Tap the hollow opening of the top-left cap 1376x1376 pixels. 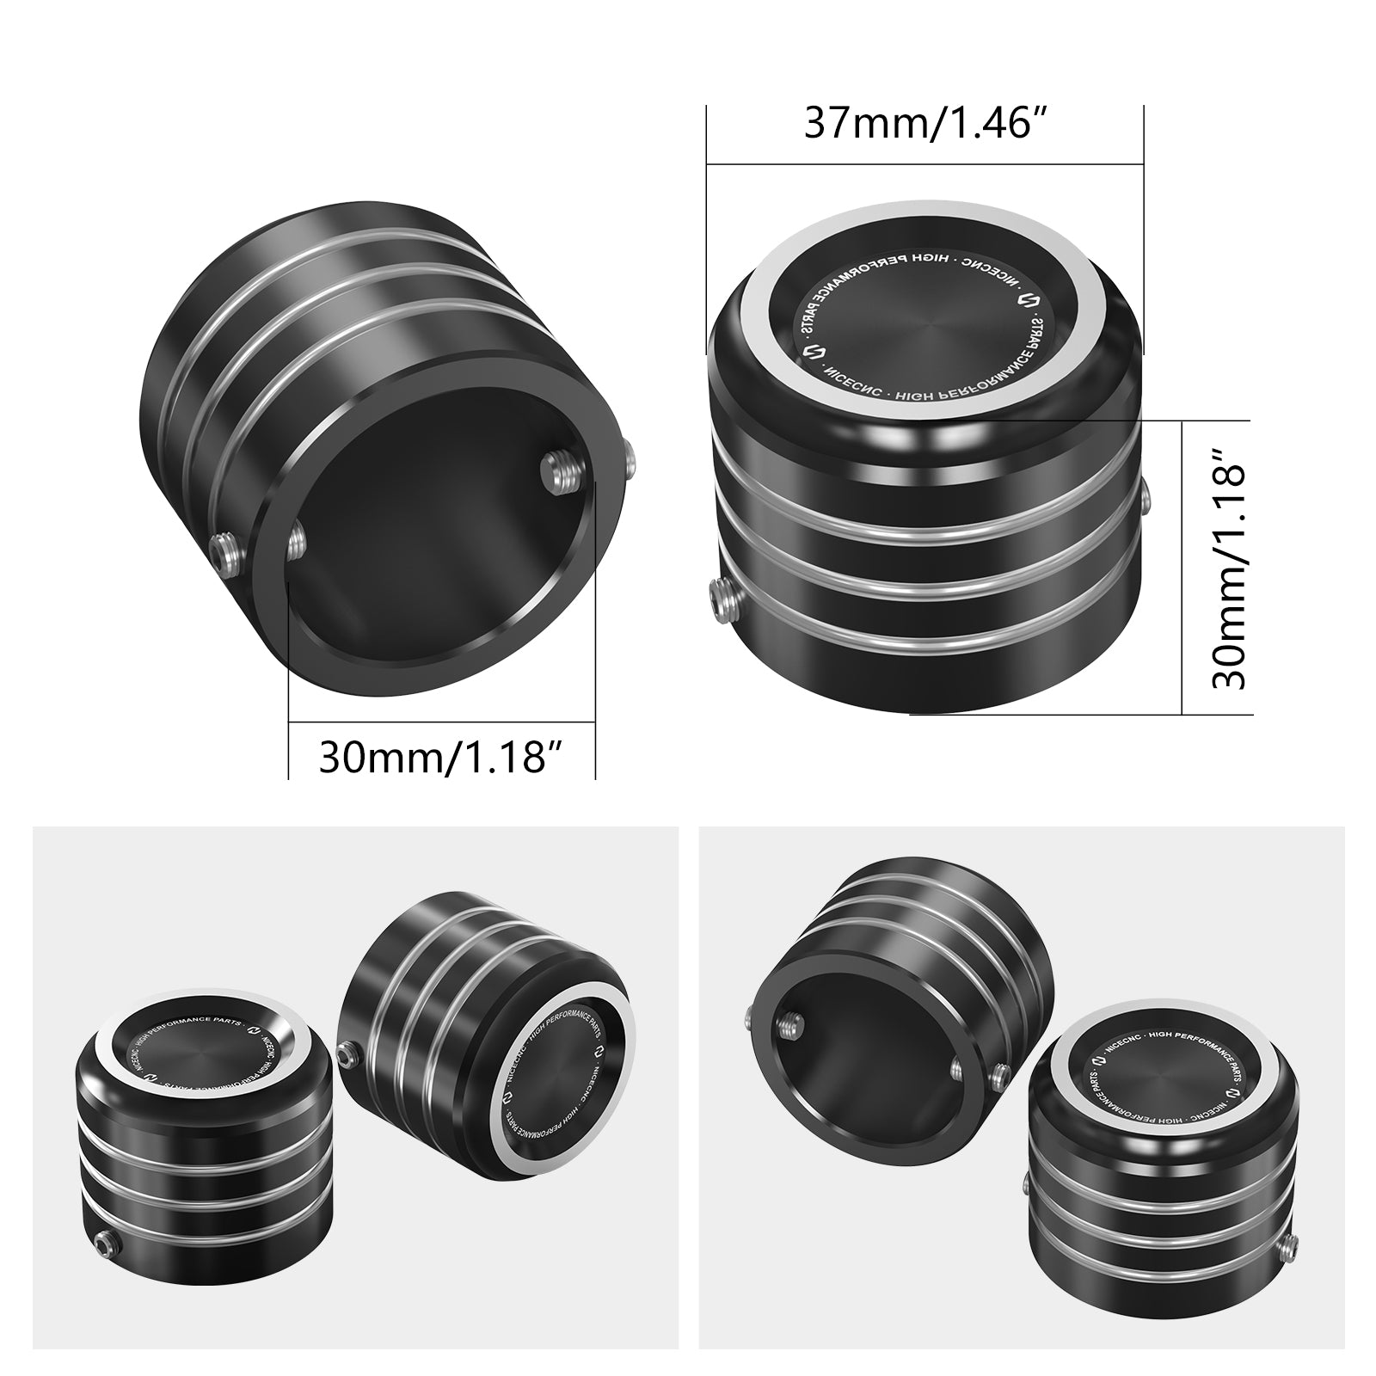(x=439, y=550)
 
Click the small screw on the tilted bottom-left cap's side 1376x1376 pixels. (x=348, y=1052)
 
